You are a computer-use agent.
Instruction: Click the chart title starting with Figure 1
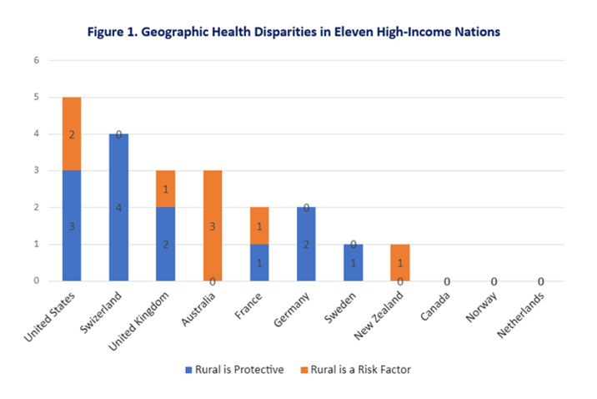298,32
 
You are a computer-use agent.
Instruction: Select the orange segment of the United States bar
73,134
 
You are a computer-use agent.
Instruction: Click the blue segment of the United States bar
73,225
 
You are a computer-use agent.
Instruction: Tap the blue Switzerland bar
118,207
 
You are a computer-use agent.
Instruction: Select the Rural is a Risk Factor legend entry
354,369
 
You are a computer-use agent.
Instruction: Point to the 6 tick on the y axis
35,60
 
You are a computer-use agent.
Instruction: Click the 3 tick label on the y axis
35,170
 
